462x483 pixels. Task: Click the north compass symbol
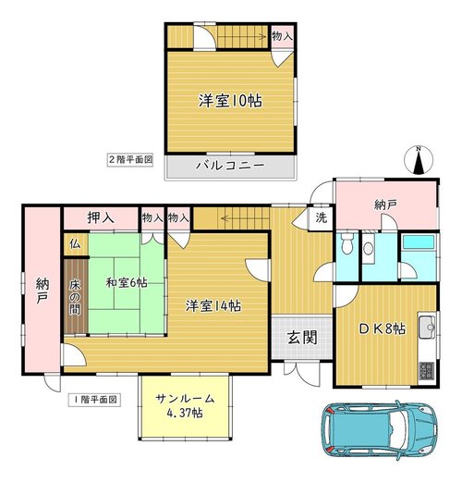coord(419,160)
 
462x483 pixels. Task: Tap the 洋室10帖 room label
coord(230,101)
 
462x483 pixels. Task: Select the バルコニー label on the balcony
coord(230,166)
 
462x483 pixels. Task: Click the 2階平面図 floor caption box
coord(130,160)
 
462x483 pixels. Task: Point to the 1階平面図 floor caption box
coord(94,400)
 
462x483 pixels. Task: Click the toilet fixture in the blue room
coord(347,242)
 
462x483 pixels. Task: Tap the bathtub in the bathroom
coord(419,241)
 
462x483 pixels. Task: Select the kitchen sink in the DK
coord(427,326)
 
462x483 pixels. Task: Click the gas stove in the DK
coord(427,372)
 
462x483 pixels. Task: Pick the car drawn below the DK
coord(379,429)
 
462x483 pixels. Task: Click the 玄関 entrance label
coord(302,338)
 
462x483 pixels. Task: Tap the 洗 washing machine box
coord(322,217)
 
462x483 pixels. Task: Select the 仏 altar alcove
coord(76,244)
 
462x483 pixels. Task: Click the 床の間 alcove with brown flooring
coord(76,296)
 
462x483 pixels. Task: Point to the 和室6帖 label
coord(127,282)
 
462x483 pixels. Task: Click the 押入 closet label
coord(101,217)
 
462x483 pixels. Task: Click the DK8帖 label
coord(382,329)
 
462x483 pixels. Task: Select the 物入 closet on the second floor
coord(282,36)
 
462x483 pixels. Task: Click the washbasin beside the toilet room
coord(368,248)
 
